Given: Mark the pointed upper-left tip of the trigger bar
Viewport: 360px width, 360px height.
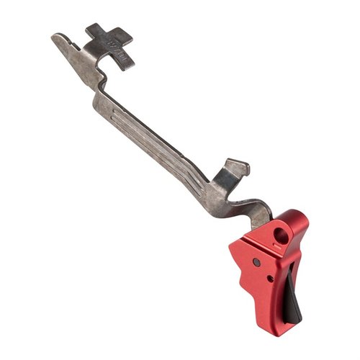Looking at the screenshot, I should (54, 37).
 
